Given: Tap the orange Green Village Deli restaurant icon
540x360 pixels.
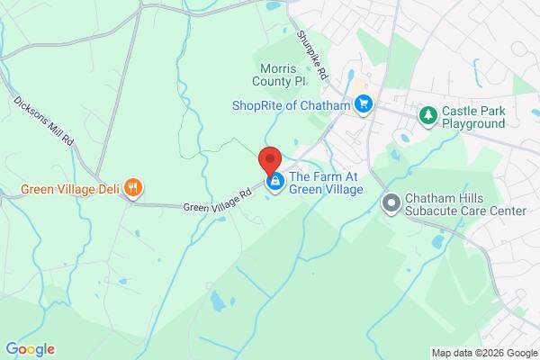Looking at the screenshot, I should [133, 189].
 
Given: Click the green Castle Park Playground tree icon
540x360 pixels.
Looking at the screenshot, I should [428, 116].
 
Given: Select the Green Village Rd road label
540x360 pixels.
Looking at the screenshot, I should [217, 200].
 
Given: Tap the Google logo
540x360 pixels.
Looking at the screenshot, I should [30, 349].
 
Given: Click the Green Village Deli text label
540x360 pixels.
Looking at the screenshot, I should [70, 189].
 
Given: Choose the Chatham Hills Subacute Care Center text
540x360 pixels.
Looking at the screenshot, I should [465, 204].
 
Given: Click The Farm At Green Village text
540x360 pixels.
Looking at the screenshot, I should [325, 183].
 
